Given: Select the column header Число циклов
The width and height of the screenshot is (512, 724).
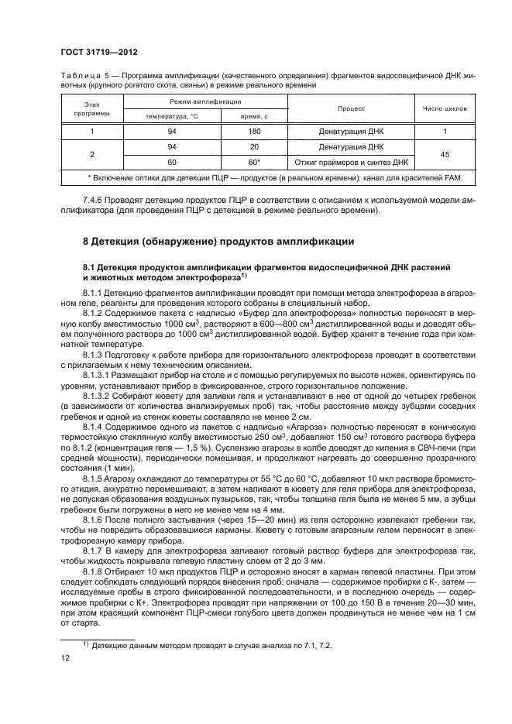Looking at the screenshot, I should [x=445, y=109].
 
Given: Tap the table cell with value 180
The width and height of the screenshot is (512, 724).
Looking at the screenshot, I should [x=254, y=132].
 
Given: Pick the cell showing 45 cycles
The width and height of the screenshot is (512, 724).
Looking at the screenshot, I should [x=445, y=154].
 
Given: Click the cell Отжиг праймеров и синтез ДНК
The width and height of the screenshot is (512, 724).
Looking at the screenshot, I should [x=352, y=162].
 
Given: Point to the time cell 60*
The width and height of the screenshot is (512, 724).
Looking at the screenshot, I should [x=254, y=162].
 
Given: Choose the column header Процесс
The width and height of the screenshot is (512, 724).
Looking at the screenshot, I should [x=352, y=109].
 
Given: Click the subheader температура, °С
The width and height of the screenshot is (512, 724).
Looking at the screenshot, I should [x=173, y=116].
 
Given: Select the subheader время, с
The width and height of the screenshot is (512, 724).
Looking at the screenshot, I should [x=254, y=116].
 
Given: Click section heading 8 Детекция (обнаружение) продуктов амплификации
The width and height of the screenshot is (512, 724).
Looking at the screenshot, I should [x=218, y=241].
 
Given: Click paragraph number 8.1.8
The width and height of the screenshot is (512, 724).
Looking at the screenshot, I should [x=95, y=571].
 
